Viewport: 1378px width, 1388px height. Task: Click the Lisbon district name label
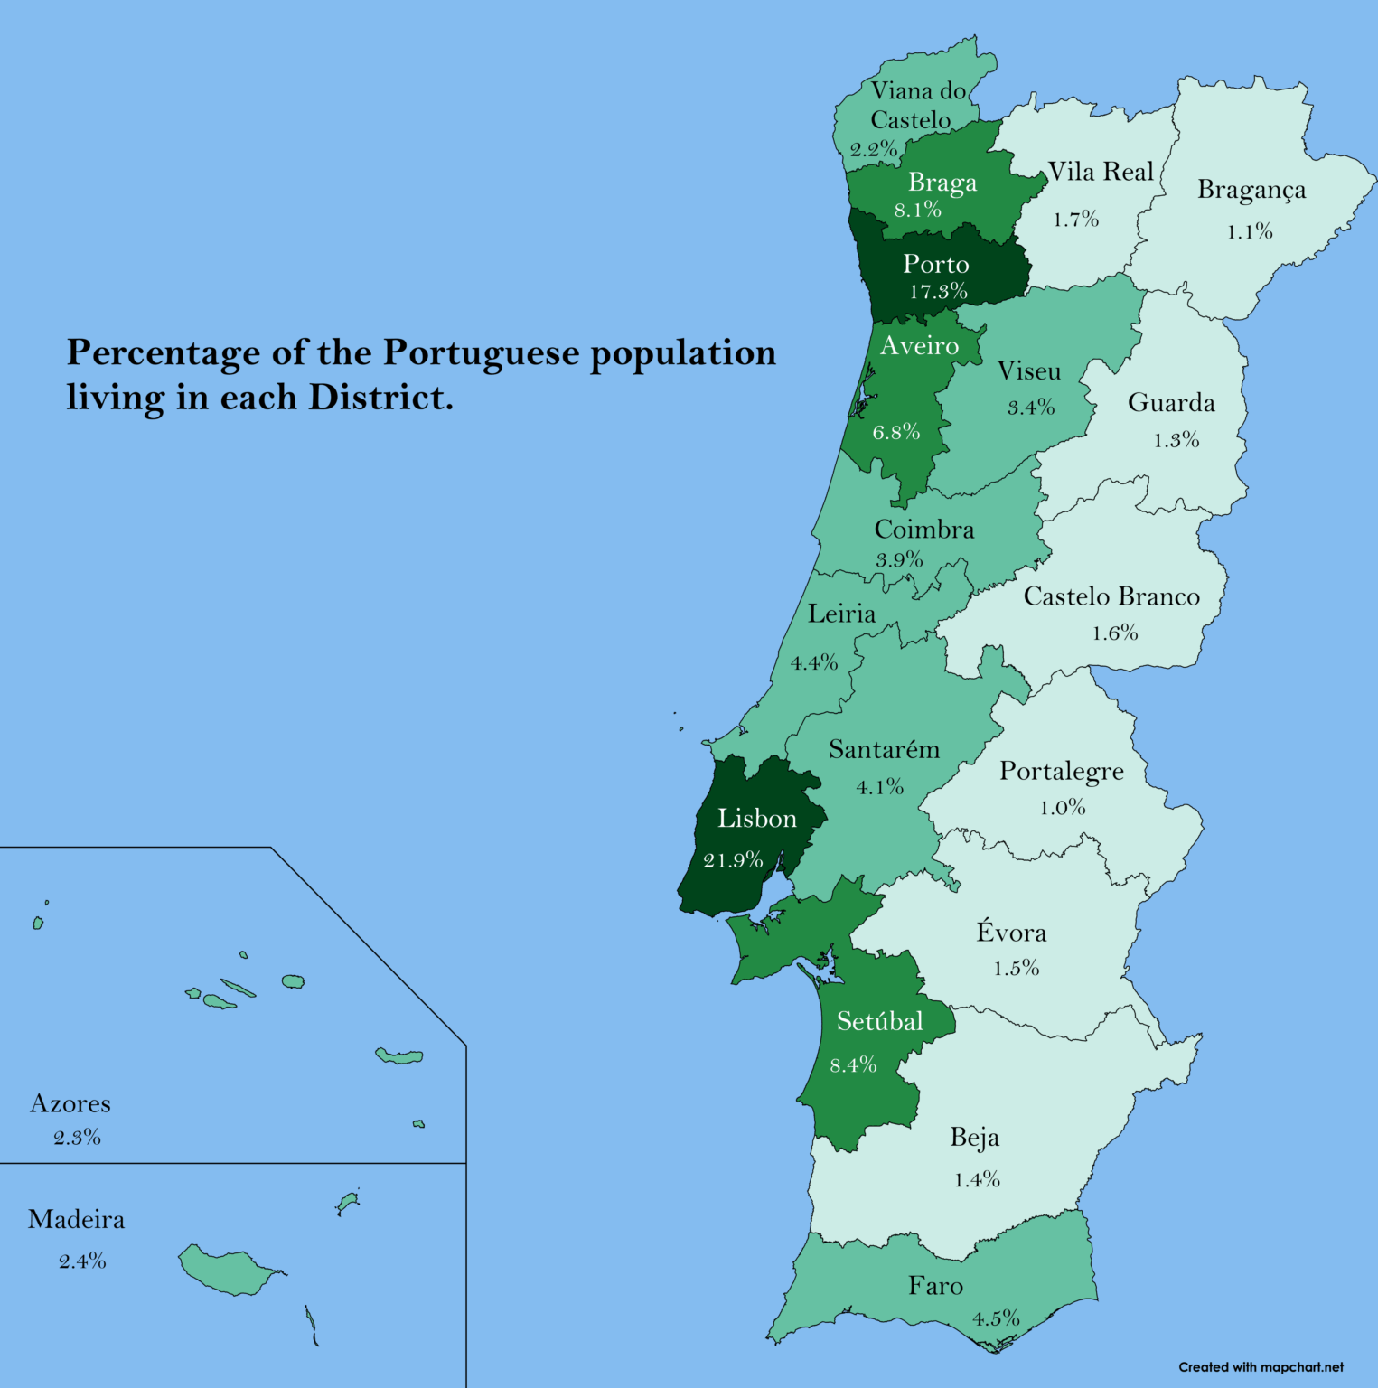point(757,819)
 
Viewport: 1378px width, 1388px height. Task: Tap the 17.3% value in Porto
point(938,292)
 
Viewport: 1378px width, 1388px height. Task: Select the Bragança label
point(1251,191)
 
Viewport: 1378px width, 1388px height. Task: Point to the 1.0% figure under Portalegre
point(1062,808)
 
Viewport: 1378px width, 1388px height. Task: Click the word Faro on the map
point(935,1286)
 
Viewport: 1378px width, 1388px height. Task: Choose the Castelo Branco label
point(1111,597)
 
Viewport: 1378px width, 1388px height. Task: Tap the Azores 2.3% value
point(77,1138)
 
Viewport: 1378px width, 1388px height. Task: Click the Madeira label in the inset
point(76,1220)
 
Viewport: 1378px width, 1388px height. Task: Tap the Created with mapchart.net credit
point(1261,1367)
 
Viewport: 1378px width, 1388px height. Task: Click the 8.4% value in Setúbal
point(853,1065)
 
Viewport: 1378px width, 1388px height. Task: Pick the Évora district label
point(1011,933)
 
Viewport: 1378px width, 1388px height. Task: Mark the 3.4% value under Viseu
point(1031,408)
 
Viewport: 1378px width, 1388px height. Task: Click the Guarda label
point(1171,403)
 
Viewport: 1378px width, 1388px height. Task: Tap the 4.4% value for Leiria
point(814,663)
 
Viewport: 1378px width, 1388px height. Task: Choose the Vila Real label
point(1101,172)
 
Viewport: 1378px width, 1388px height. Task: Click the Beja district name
point(974,1138)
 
